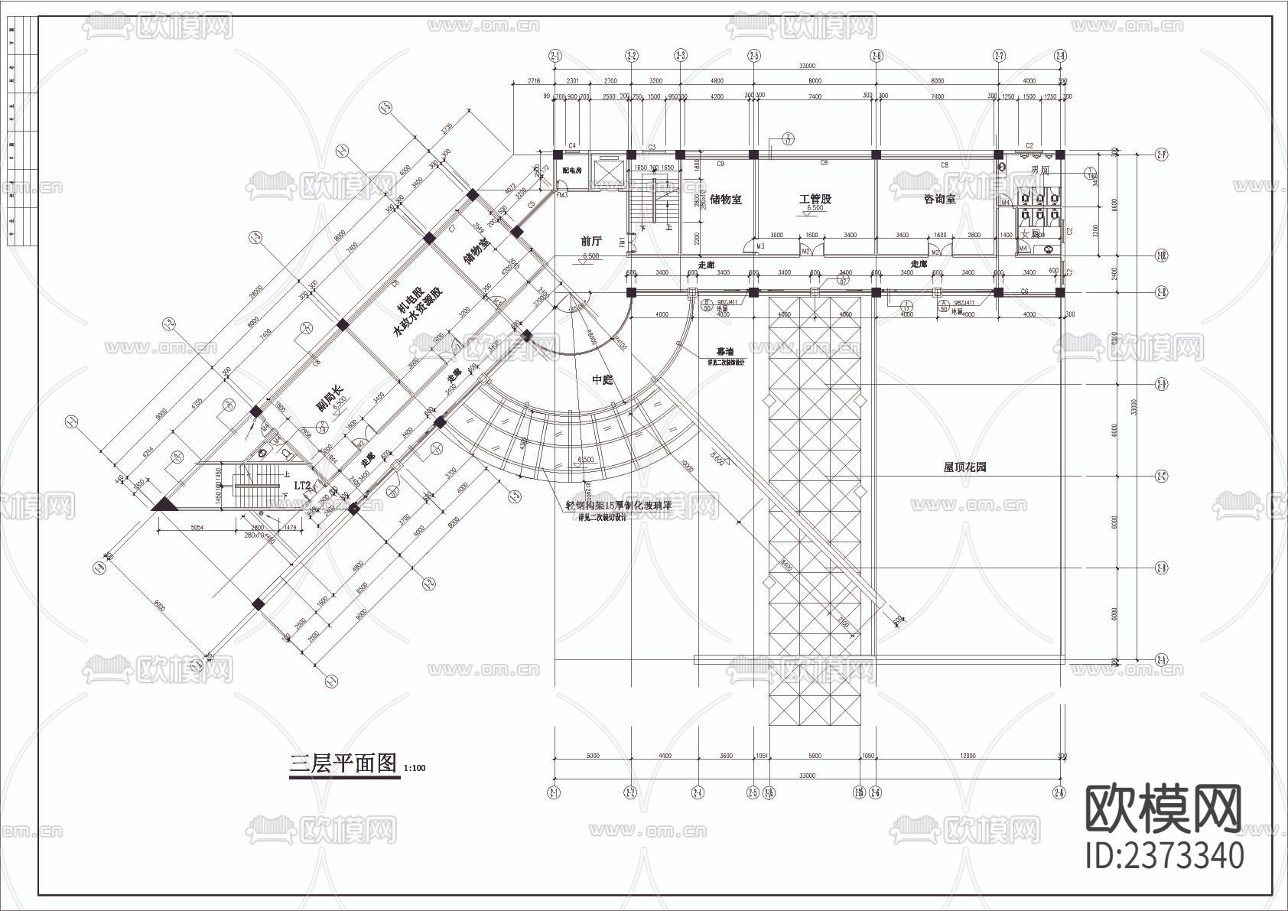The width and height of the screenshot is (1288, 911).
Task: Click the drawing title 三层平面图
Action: pos(343,763)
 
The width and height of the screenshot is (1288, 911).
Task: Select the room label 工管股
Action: pos(815,200)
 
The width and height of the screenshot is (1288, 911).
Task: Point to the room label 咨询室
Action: pos(939,199)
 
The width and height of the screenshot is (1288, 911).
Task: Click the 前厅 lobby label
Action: pos(590,242)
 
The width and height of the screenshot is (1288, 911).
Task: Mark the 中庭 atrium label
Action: pos(603,380)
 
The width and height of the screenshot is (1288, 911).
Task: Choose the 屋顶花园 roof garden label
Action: pos(964,467)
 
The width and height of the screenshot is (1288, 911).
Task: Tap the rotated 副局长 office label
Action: pos(330,398)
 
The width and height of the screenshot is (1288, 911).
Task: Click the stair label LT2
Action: pos(303,485)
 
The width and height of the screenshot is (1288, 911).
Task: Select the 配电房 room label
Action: pos(571,170)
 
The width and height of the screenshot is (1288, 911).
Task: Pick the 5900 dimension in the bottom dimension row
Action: pos(815,756)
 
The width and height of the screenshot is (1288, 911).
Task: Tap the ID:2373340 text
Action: pos(1164,855)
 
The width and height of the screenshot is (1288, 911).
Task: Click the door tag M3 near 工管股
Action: pos(760,246)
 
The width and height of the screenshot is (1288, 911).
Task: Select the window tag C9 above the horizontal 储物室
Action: pos(720,164)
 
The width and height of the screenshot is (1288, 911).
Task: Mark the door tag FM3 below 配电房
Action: pos(561,196)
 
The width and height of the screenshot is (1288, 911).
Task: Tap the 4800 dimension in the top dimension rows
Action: pos(717,81)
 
